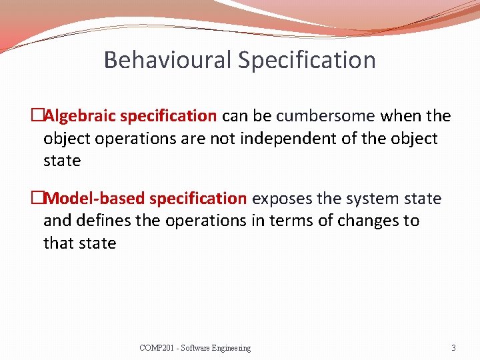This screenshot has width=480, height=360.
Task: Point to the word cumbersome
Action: (x=325, y=116)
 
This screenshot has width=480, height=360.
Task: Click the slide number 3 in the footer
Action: (x=453, y=348)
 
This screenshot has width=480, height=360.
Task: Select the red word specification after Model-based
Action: (x=198, y=199)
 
